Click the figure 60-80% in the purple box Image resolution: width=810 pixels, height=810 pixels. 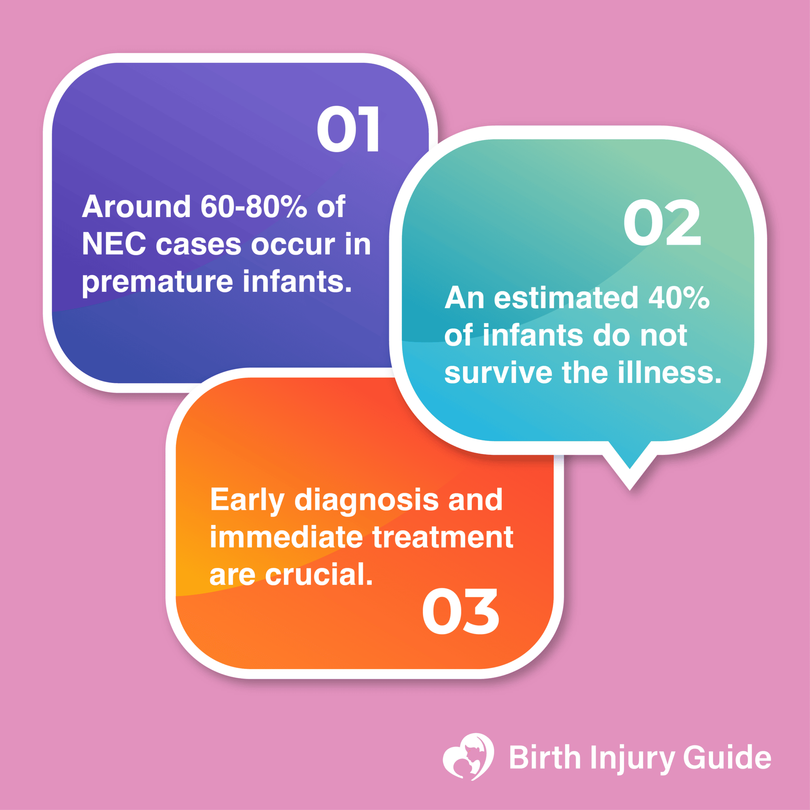coord(253,207)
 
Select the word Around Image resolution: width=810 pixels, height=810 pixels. coord(136,207)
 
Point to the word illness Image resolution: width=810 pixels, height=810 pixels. coord(669,373)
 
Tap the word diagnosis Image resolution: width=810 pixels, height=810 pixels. coord(366,500)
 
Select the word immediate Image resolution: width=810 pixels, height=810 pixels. coord(286,537)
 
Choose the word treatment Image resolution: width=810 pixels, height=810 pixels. coord(443,537)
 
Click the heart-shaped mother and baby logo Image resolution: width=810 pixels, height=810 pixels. coord(468,756)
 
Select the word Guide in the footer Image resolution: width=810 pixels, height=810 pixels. coord(727,757)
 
